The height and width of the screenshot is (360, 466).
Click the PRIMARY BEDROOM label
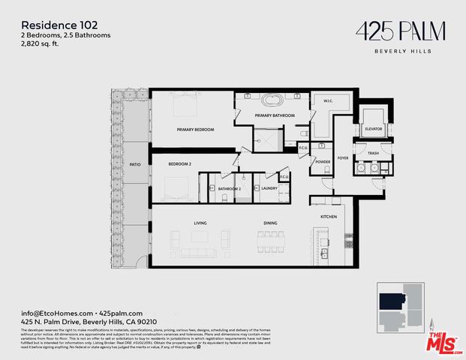[x=195, y=130]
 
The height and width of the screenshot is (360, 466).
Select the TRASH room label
[x=373, y=153]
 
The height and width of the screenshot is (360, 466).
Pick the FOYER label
[x=343, y=158]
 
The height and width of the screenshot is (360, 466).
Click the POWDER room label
[x=323, y=161]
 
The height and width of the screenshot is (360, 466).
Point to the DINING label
[x=270, y=223]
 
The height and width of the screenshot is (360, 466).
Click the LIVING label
[x=200, y=223]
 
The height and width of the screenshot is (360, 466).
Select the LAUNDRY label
[x=270, y=188]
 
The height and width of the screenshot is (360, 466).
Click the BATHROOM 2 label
[x=229, y=188]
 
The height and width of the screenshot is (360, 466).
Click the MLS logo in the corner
[x=443, y=342]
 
